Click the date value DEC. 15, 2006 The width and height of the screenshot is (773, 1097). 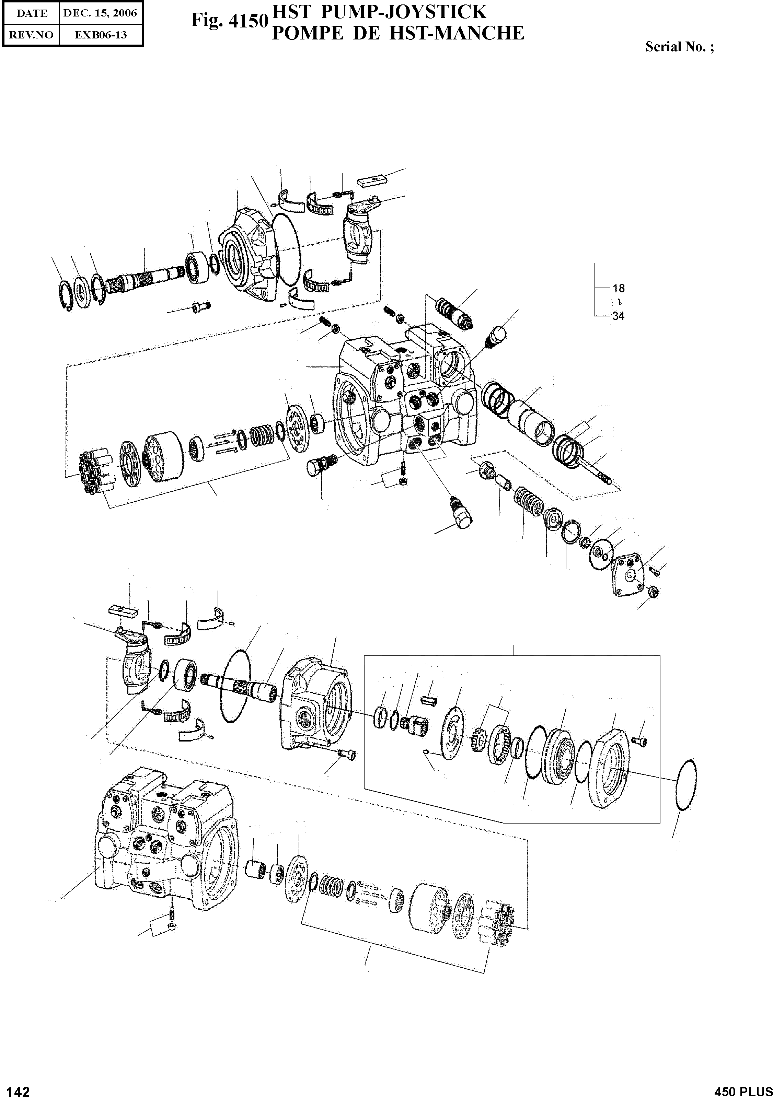coord(100,13)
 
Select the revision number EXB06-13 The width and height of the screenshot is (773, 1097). coord(100,35)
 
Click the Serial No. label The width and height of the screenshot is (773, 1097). coord(679,47)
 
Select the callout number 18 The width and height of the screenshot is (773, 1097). coord(618,288)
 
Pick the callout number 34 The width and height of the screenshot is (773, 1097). coord(618,316)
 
